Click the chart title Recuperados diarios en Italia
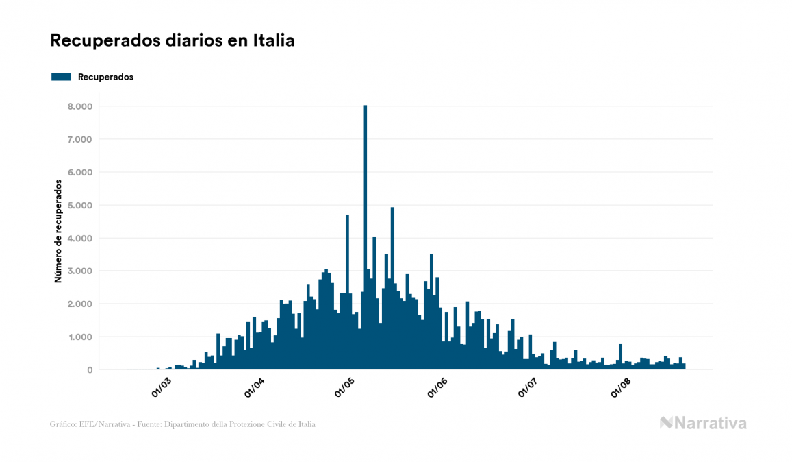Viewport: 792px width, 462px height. (172, 40)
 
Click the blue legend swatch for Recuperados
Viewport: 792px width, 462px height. (61, 77)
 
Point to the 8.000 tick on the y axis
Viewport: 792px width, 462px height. (78, 106)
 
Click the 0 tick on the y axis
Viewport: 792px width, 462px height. (89, 369)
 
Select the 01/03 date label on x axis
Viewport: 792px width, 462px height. (162, 386)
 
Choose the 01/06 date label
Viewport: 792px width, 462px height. (437, 386)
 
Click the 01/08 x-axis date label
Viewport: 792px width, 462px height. (621, 386)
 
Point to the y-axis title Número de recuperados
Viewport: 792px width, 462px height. (59, 231)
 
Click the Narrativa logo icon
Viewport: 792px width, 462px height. (666, 423)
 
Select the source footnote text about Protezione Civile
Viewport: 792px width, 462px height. (183, 424)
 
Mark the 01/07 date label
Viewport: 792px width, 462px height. (529, 386)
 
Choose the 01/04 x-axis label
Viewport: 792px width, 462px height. (254, 386)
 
